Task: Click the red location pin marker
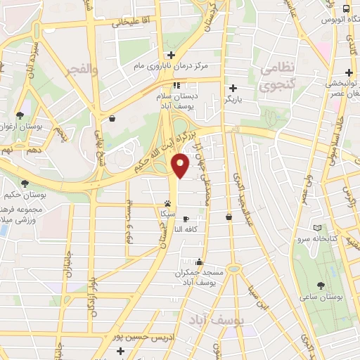[x=181, y=166]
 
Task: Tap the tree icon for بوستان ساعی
[x=321, y=285]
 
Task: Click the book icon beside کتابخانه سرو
[x=318, y=229]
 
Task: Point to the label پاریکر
[x=233, y=100]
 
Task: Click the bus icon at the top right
[x=346, y=8]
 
